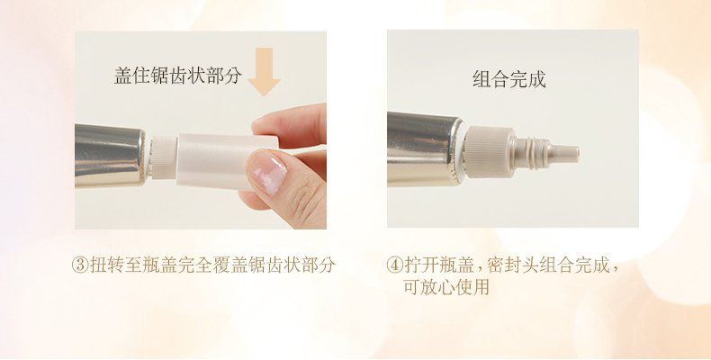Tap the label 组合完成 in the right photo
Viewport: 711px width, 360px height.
[x=509, y=79]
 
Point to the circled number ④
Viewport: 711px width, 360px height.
[x=393, y=266]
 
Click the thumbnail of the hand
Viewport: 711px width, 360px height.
[x=267, y=170]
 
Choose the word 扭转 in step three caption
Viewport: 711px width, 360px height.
[x=104, y=266]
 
